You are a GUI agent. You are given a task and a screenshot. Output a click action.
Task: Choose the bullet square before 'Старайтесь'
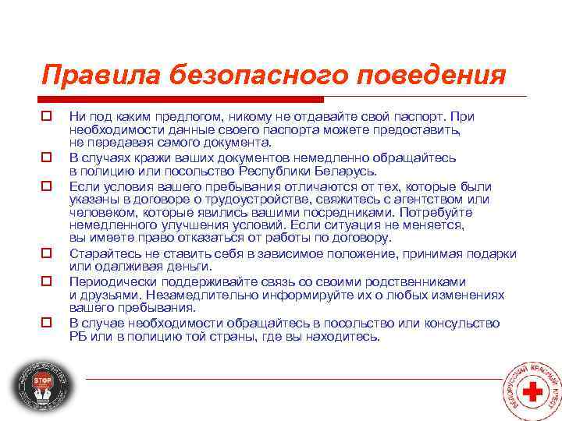click(x=47, y=253)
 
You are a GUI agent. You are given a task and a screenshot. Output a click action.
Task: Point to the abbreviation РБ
click(x=78, y=336)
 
